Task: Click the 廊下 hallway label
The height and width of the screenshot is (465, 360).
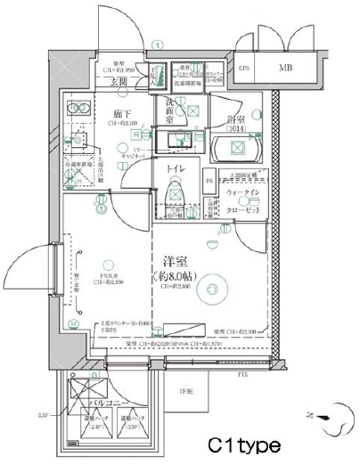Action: [x=124, y=114]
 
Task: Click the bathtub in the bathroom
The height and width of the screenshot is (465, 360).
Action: [x=236, y=151]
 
